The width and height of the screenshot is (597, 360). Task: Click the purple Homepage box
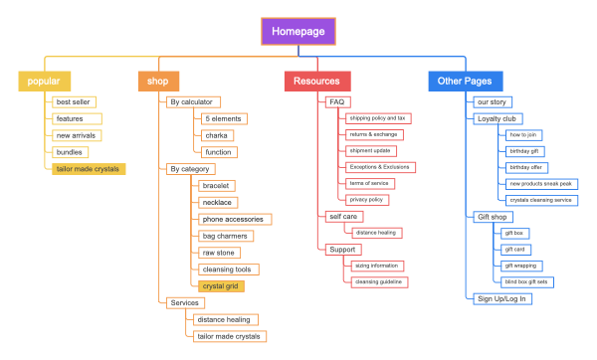pyautogui.click(x=299, y=32)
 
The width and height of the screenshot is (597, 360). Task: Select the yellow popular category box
pyautogui.click(x=45, y=82)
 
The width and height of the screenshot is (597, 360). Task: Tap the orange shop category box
pyautogui.click(x=158, y=82)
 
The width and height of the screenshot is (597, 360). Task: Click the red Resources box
pyautogui.click(x=316, y=82)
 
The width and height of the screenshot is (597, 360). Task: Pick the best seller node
pyautogui.click(x=75, y=101)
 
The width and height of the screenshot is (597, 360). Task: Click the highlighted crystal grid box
pyautogui.click(x=220, y=286)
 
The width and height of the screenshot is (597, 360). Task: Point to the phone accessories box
pyautogui.click(x=233, y=219)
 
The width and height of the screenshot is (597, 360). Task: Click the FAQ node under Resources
pyautogui.click(x=337, y=101)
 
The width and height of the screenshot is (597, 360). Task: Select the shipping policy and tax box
pyautogui.click(x=377, y=118)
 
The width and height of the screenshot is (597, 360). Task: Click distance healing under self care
pyautogui.click(x=376, y=232)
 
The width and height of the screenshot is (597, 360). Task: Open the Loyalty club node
pyautogui.click(x=497, y=118)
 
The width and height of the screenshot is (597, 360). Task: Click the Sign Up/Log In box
pyautogui.click(x=502, y=298)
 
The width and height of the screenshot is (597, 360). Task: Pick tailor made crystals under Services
pyautogui.click(x=228, y=336)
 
